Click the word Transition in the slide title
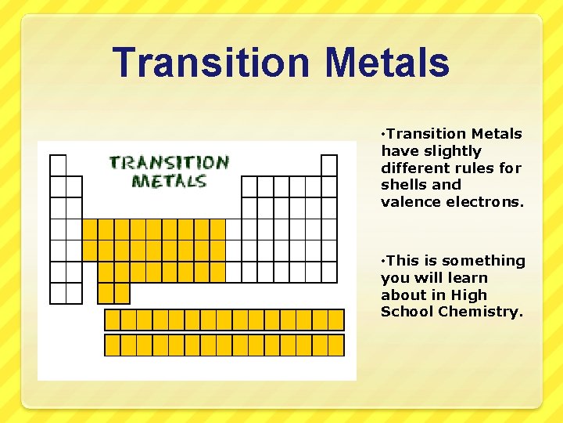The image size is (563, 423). [200, 63]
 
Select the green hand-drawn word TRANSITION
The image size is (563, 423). [169, 164]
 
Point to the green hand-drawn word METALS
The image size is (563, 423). [169, 181]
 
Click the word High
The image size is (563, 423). [468, 295]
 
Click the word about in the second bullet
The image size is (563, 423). [404, 295]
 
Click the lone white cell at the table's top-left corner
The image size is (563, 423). [58, 165]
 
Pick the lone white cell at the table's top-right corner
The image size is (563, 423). [329, 165]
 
